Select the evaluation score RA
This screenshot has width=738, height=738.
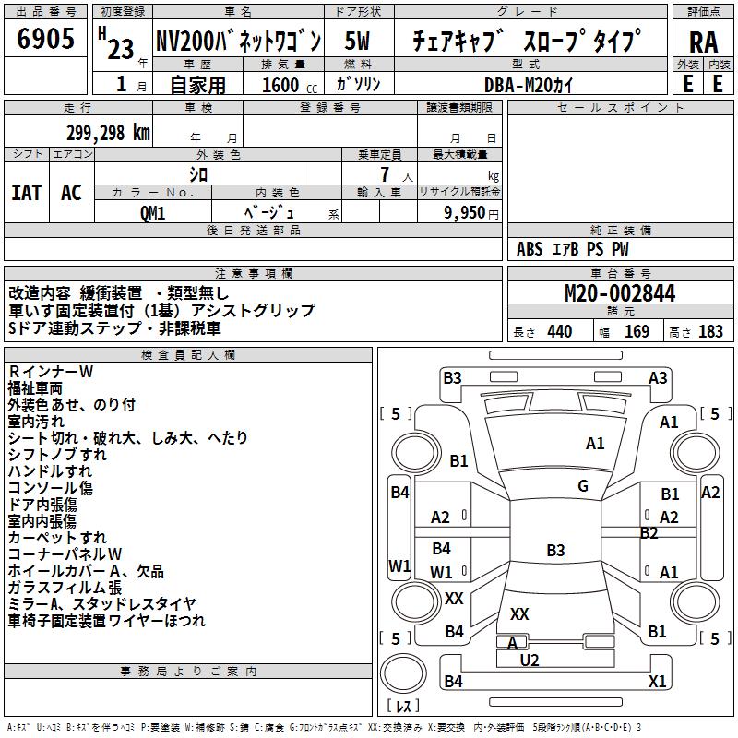pos(703,42)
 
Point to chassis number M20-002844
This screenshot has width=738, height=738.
pos(619,294)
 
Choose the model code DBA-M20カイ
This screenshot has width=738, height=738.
pos(524,86)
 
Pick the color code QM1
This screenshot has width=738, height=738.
pos(152,213)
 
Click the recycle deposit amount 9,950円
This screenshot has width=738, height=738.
pos(471,213)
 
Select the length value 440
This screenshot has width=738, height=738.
pos(559,332)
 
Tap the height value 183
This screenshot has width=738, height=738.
pos(710,332)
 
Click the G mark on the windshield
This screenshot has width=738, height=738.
pos(583,486)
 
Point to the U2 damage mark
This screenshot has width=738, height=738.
pos(530,660)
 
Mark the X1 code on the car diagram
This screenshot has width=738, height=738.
pos(657,682)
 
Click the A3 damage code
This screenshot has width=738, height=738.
pos(658,377)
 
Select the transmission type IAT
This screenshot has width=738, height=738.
pos(26,193)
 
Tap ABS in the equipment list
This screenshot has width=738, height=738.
pos(530,249)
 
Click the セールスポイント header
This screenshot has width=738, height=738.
pos(621,108)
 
